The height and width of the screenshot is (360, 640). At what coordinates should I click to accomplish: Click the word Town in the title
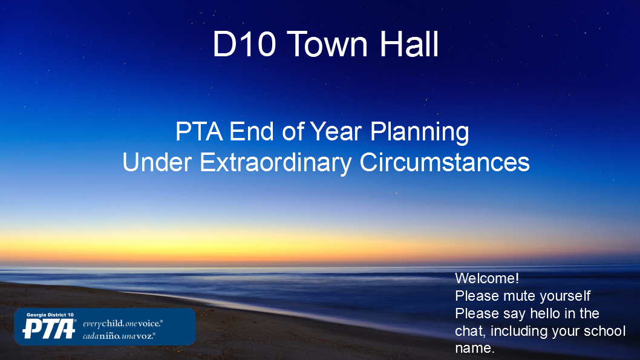329,44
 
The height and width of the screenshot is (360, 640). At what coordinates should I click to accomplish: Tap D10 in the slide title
244,44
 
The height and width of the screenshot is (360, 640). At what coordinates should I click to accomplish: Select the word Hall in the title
410,44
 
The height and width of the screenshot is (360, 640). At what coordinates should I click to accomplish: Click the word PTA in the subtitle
199,131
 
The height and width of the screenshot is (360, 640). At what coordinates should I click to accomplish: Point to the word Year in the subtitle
336,131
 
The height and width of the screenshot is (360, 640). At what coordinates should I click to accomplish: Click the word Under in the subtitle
157,162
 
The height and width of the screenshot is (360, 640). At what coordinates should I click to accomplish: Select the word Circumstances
445,162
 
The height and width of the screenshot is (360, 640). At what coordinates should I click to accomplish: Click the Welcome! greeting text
487,278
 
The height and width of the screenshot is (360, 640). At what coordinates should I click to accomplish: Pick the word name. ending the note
475,349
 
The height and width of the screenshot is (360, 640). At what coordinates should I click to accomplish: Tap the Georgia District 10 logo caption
50,315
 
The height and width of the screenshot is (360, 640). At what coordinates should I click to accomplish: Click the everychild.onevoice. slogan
123,324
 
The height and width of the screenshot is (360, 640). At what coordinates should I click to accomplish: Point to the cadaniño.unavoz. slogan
119,336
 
